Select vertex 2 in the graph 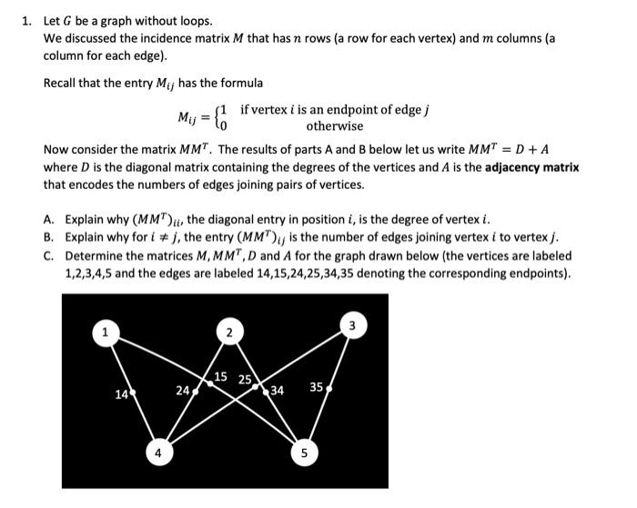[x=229, y=333]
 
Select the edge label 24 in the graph [x=181, y=392]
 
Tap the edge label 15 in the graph [x=221, y=377]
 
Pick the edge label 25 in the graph [x=245, y=380]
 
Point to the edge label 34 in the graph [x=277, y=392]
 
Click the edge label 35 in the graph [x=316, y=388]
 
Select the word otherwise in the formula [x=334, y=126]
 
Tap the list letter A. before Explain [x=49, y=219]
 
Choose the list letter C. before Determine [x=49, y=255]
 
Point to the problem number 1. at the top [x=27, y=20]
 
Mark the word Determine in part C [x=96, y=255]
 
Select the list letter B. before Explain [x=49, y=237]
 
